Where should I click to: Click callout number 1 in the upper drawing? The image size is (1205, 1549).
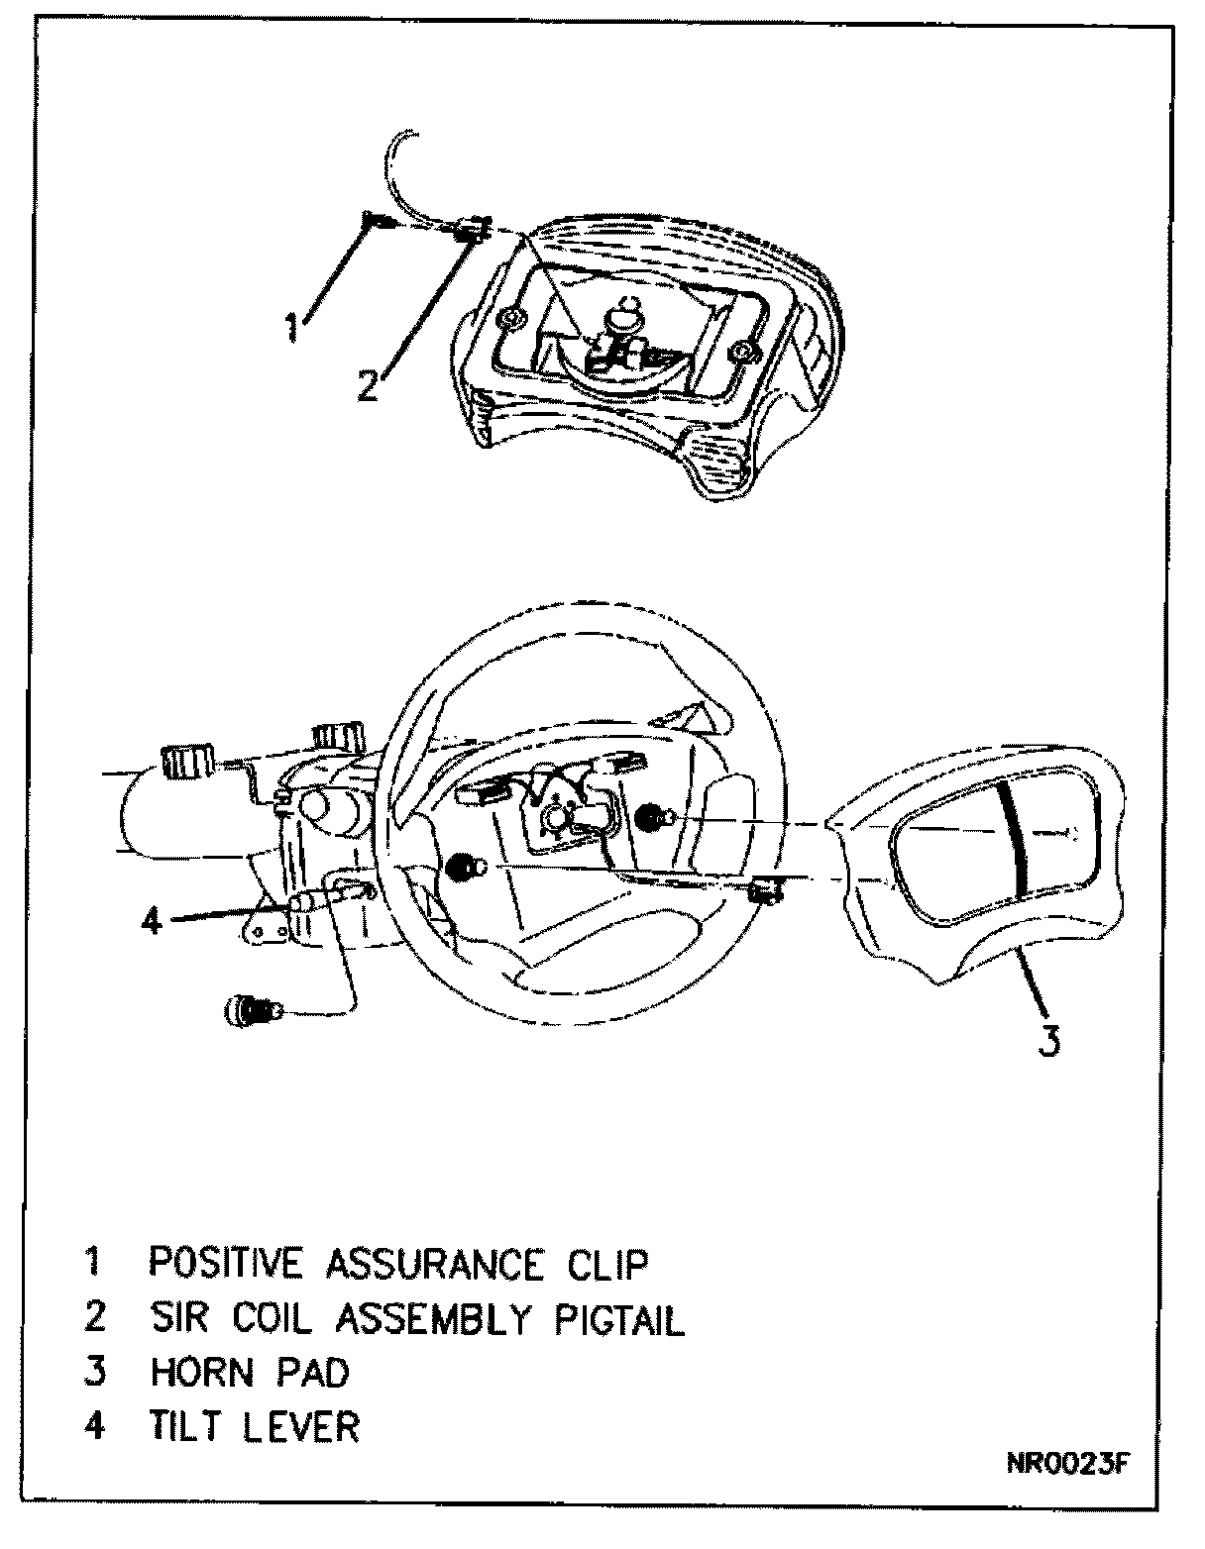[292, 326]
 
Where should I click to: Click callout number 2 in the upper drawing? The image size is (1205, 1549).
[368, 384]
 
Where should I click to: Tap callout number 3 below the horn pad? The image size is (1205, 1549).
[1051, 1040]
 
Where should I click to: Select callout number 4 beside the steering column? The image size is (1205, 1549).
[151, 921]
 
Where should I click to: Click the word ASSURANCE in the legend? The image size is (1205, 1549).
[434, 1263]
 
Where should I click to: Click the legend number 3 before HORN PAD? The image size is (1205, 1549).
[94, 1373]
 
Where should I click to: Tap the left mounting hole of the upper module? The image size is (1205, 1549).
[510, 319]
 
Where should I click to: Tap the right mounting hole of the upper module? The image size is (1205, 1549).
[739, 352]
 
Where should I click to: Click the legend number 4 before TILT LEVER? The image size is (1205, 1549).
[94, 1427]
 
